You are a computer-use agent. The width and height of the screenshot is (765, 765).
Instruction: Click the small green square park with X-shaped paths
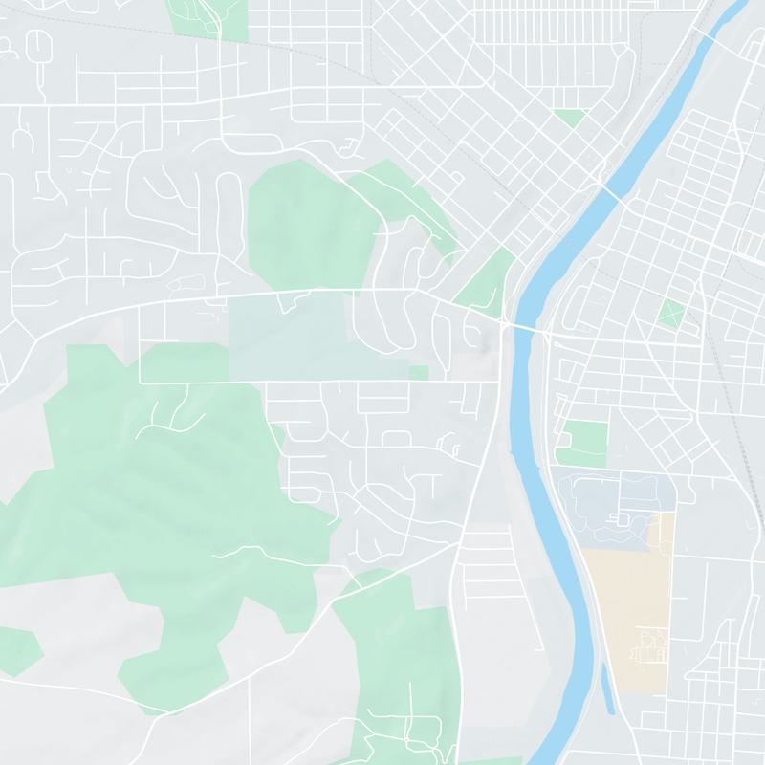click(x=672, y=313)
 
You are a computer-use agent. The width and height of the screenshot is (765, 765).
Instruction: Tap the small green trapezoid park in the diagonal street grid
click(x=570, y=119)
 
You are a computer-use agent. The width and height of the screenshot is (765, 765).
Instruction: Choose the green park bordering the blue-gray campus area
click(x=581, y=443)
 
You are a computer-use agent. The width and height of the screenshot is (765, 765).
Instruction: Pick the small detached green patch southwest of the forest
click(x=17, y=650)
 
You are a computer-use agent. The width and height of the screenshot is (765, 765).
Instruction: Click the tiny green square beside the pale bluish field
click(x=419, y=372)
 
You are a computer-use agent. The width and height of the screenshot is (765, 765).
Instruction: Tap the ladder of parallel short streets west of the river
click(x=488, y=574)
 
